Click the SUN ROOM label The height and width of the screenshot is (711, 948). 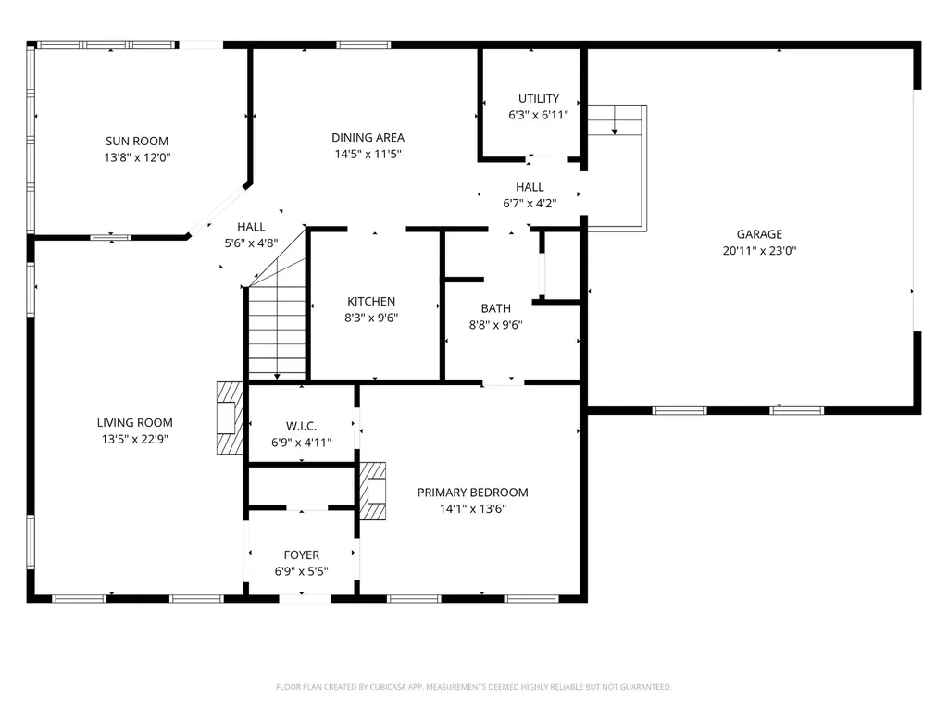137,142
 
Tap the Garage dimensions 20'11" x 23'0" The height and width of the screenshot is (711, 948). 759,250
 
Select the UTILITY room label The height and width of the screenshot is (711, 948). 539,98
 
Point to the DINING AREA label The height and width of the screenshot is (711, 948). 368,138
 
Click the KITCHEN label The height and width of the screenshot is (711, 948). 371,302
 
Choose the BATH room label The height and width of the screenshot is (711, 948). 496,308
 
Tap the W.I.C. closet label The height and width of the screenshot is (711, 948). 301,426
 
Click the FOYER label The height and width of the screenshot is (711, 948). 302,555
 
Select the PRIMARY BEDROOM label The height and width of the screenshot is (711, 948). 473,493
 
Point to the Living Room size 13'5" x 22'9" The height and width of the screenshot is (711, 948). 135,439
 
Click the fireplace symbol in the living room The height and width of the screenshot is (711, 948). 231,418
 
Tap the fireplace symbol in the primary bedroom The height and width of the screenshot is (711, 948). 373,491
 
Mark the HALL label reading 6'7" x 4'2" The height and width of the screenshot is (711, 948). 530,195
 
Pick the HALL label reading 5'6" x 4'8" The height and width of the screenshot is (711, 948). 251,235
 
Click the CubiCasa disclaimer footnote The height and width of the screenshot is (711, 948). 473,687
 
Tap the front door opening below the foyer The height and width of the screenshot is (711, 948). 305,599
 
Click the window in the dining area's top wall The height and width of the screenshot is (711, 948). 363,44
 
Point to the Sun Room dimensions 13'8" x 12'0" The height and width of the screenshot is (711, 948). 137,157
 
